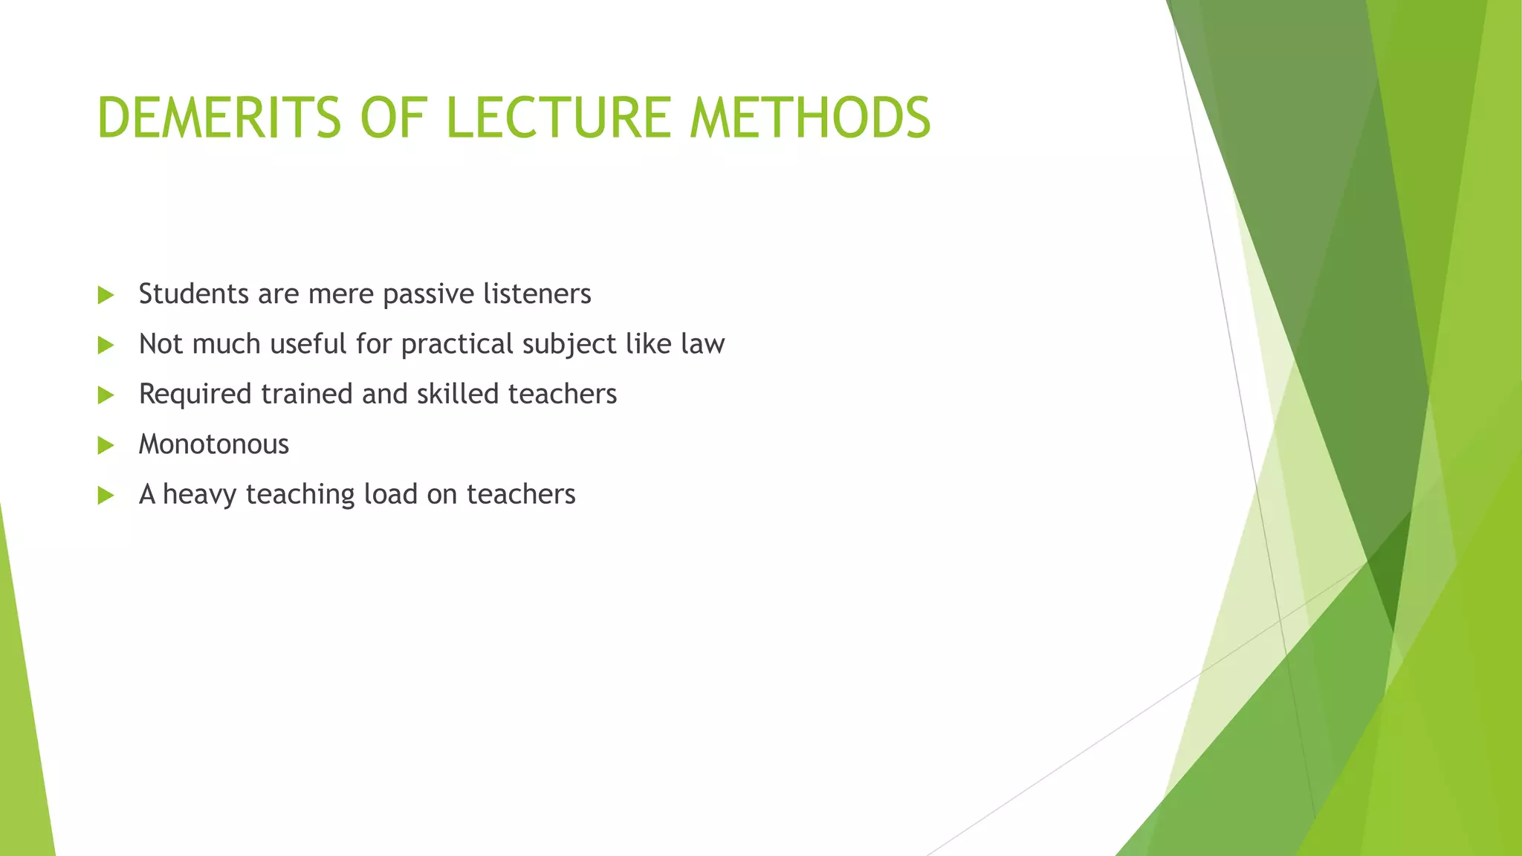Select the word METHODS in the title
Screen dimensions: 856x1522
point(809,118)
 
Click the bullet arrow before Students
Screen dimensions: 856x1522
point(106,295)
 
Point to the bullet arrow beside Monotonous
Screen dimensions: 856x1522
point(106,445)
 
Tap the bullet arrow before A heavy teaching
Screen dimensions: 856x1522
point(106,495)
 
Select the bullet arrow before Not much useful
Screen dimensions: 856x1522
point(106,345)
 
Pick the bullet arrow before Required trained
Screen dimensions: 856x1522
point(106,395)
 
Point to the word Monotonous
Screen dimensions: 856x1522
point(214,444)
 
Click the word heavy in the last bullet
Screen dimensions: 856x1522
point(199,495)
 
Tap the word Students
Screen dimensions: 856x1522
point(193,294)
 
